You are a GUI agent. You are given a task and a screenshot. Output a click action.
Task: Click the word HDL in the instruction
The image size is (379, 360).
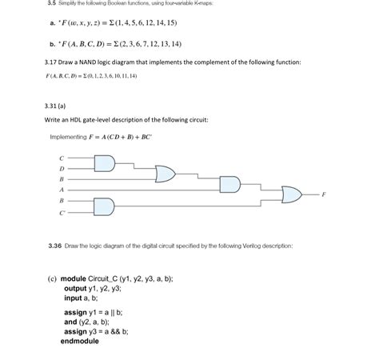tap(78, 120)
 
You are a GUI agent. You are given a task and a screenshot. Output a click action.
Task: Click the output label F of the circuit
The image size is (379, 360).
tap(324, 195)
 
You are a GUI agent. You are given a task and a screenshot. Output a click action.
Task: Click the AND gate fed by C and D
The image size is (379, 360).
tap(105, 164)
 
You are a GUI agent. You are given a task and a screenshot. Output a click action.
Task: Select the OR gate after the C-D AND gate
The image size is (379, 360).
tap(166, 173)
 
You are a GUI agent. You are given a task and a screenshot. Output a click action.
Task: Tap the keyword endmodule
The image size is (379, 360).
tap(81, 341)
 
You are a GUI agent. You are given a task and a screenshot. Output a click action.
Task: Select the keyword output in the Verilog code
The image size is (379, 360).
tap(79, 289)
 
